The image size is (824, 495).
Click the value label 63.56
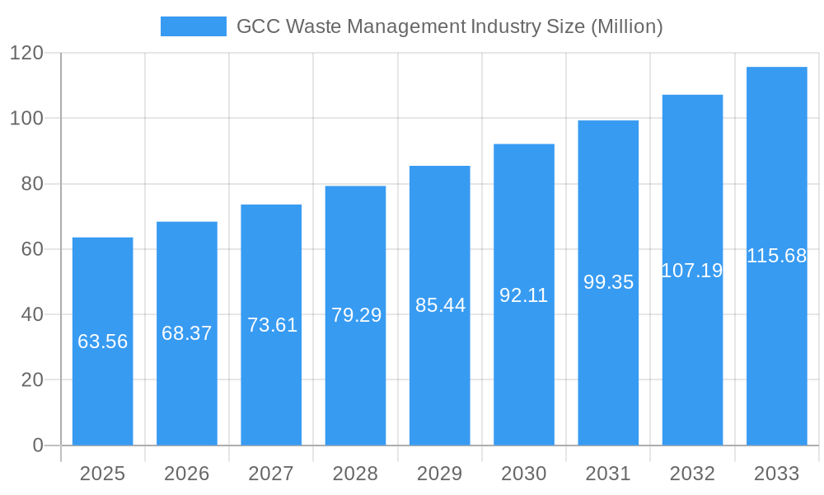click(x=103, y=342)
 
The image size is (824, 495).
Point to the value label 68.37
click(x=187, y=333)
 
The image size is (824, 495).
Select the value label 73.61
click(x=272, y=325)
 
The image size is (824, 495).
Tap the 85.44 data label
click(x=440, y=305)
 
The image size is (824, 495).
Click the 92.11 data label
click(x=524, y=295)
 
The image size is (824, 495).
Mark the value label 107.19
click(x=692, y=271)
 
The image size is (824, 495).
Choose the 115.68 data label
click(x=776, y=256)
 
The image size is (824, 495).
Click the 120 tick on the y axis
click(x=26, y=54)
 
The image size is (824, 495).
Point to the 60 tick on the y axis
click(x=31, y=249)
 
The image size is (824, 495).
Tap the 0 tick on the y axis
click(x=38, y=445)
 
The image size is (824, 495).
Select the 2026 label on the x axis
click(x=187, y=474)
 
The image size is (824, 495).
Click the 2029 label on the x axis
click(x=440, y=474)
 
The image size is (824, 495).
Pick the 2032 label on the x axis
click(x=692, y=474)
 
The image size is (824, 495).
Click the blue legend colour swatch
click(x=193, y=26)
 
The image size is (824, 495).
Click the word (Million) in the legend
click(x=627, y=26)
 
